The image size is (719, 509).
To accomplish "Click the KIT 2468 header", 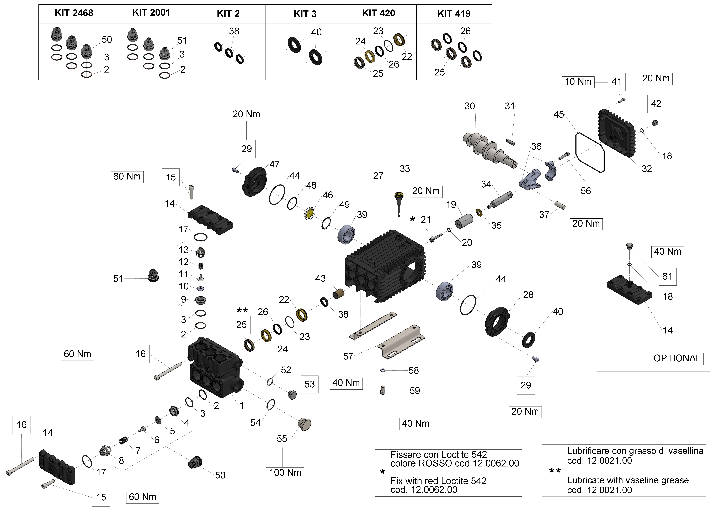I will coord(74,13).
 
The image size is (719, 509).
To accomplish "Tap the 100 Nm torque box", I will coord(285,473).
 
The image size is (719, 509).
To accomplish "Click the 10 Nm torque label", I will coord(578,82).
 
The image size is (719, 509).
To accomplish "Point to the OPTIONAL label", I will coord(677,358).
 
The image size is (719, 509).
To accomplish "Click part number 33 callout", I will coord(405,169).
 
